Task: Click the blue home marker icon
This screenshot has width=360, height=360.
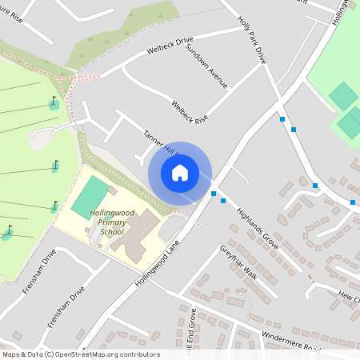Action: [180, 172]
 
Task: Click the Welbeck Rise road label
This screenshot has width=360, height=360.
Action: [190, 111]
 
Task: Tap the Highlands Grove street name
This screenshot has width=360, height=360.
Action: [257, 227]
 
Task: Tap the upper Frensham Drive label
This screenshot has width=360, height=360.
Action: [38, 272]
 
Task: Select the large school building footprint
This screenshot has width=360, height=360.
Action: [136, 236]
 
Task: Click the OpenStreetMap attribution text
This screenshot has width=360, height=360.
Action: [80, 354]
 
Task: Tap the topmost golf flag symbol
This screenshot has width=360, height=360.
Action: [54, 102]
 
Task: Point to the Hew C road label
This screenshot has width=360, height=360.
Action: [349, 297]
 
